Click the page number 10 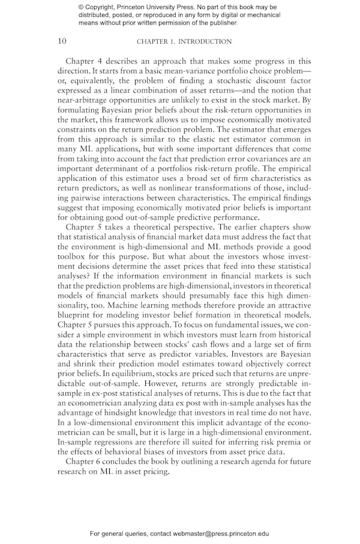click(62, 41)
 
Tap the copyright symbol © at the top click(81, 7)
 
